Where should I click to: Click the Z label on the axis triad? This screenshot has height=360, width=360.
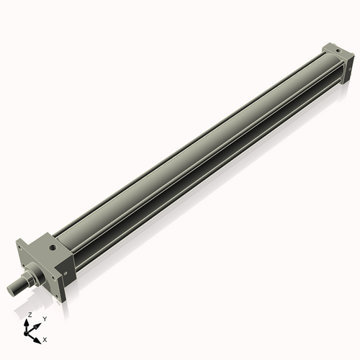tap(30, 315)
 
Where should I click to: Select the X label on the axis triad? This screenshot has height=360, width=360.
tap(45, 338)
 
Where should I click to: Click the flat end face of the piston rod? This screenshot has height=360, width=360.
tap(11, 290)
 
